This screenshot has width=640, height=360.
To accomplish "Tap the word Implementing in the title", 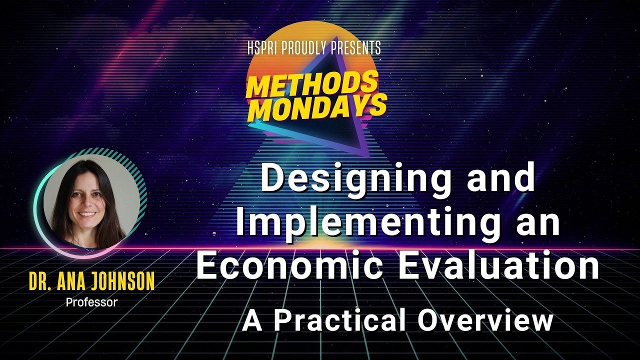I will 368,223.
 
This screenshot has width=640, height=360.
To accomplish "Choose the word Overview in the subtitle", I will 485,321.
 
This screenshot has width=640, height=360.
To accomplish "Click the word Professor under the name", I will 91,302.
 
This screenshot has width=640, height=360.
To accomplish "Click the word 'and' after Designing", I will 501,180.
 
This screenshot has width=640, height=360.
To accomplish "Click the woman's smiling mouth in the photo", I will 87,214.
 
